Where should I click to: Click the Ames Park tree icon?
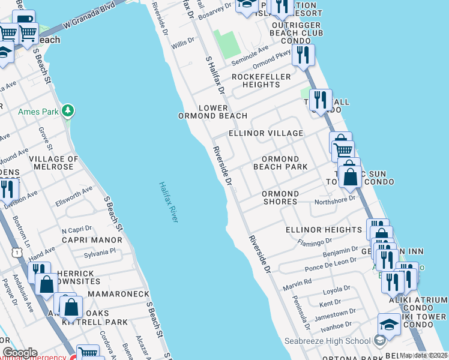pos(69,110)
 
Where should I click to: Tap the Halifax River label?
pos(169,202)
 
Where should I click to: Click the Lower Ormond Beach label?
pos(212,112)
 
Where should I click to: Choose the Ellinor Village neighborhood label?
pos(266,133)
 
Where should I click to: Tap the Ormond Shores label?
pos(280,197)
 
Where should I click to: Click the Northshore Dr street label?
pos(336,197)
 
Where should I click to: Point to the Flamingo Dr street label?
pos(315,242)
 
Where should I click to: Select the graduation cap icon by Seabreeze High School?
pos(389,325)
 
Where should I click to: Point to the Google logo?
pos(20,353)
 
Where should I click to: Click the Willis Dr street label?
pos(184,44)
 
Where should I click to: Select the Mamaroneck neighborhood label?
pos(118,295)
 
